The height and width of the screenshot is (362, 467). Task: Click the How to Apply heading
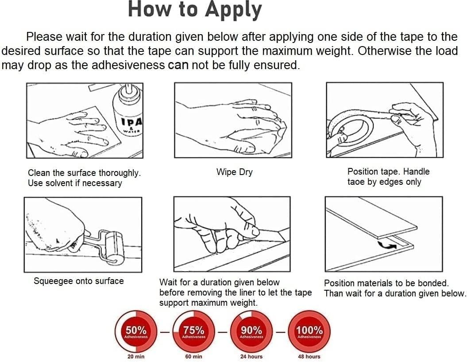click(195, 10)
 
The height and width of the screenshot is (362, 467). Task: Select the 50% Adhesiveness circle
click(136, 331)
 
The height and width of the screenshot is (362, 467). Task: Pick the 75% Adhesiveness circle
click(193, 331)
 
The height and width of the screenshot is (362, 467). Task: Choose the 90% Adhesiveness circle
click(252, 331)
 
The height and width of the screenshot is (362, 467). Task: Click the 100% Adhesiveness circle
click(309, 331)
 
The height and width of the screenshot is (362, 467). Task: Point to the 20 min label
click(136, 356)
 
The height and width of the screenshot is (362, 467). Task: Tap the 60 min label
click(193, 356)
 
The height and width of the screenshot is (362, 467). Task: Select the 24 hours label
click(252, 356)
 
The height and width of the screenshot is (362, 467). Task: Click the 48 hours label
click(309, 356)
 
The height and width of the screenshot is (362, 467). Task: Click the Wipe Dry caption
click(235, 172)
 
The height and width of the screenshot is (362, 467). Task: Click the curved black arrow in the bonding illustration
click(387, 245)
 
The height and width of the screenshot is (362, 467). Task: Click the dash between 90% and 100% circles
click(280, 331)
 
